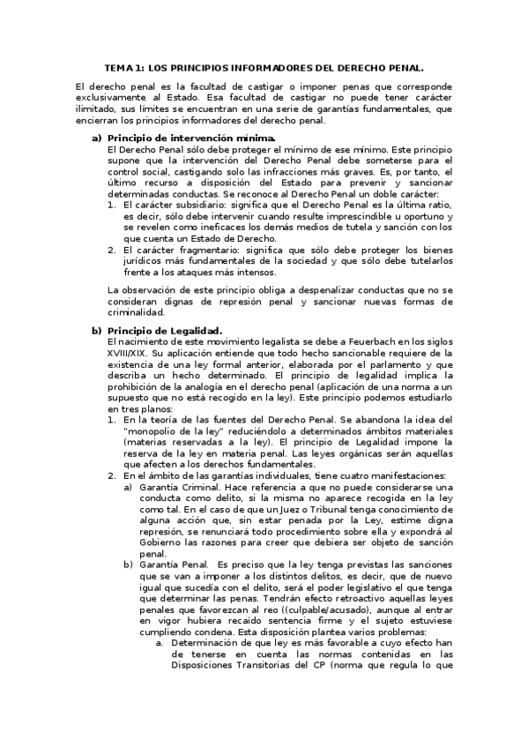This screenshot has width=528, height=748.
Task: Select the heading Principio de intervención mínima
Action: coord(191,138)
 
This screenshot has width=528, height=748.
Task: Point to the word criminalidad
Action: coord(136,311)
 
